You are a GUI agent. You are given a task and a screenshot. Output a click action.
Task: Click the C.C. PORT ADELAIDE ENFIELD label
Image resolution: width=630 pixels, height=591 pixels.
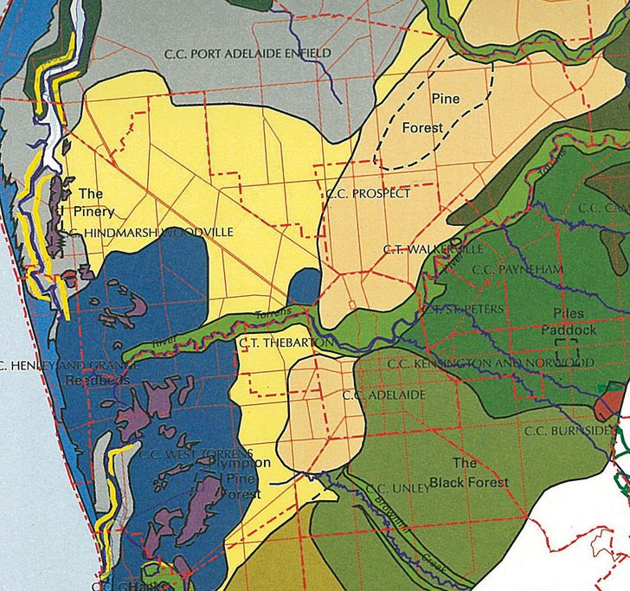[x=247, y=54]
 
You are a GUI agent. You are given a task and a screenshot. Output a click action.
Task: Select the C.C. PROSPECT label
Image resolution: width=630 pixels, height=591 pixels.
[x=368, y=194]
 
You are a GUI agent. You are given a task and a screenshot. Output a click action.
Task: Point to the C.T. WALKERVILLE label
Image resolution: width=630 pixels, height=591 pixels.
[x=432, y=249]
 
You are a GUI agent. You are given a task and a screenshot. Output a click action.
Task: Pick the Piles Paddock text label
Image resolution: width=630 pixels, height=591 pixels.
[x=563, y=321]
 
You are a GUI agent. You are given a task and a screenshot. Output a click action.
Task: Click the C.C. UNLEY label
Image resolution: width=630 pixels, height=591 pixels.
[x=397, y=489]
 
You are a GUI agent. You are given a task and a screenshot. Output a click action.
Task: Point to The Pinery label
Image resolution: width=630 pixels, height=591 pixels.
[x=93, y=202]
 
